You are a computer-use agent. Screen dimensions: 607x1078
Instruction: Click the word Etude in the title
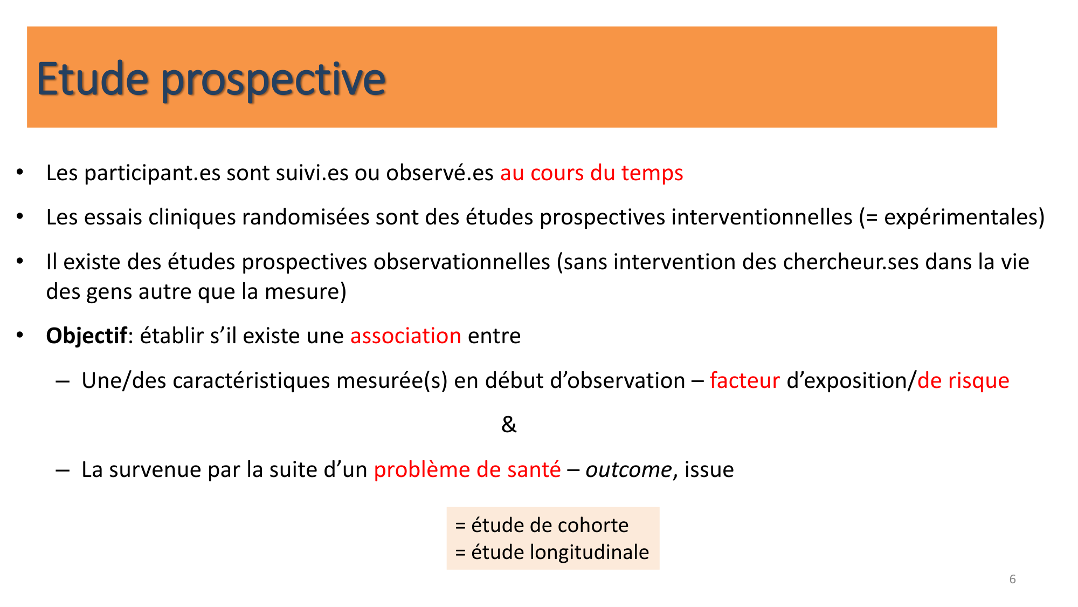(92, 79)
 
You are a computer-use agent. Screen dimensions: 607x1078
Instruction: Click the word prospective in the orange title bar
(273, 81)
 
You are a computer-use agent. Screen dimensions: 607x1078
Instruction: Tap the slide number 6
(1012, 579)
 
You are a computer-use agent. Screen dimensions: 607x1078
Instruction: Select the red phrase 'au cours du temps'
(591, 173)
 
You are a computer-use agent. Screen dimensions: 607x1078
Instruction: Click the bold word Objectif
(86, 336)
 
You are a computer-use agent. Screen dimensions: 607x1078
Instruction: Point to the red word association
(405, 336)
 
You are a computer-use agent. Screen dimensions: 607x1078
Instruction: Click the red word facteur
(744, 381)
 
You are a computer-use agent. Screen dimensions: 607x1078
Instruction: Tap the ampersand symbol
(508, 425)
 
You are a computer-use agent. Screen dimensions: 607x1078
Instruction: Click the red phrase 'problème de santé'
(467, 470)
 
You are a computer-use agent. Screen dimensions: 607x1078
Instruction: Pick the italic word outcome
(628, 470)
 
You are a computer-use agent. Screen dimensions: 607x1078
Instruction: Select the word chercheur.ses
(851, 262)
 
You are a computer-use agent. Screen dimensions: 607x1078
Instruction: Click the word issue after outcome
(709, 470)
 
